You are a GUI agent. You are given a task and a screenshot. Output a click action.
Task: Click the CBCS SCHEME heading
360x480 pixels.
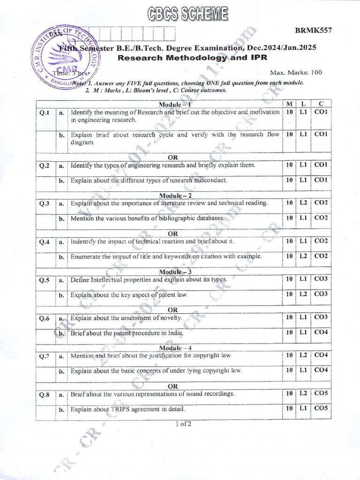[x=182, y=14]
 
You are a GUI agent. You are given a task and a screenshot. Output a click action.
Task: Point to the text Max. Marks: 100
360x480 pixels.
[x=296, y=73]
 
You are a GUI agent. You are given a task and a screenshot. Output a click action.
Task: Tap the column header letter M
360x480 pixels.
[x=289, y=104]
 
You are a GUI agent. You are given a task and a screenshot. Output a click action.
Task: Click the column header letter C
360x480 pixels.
[x=321, y=104]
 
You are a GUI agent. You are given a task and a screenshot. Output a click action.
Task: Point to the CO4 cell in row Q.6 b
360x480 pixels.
[x=321, y=332]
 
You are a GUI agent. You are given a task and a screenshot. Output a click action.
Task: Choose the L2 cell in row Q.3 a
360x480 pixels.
[x=303, y=203]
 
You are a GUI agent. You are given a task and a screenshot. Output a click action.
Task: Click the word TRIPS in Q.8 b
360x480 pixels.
[x=122, y=409]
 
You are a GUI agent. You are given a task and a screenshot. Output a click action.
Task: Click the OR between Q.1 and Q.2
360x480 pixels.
[x=172, y=157]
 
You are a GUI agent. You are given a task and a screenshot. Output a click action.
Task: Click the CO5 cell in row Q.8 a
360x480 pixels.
[x=321, y=393]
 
